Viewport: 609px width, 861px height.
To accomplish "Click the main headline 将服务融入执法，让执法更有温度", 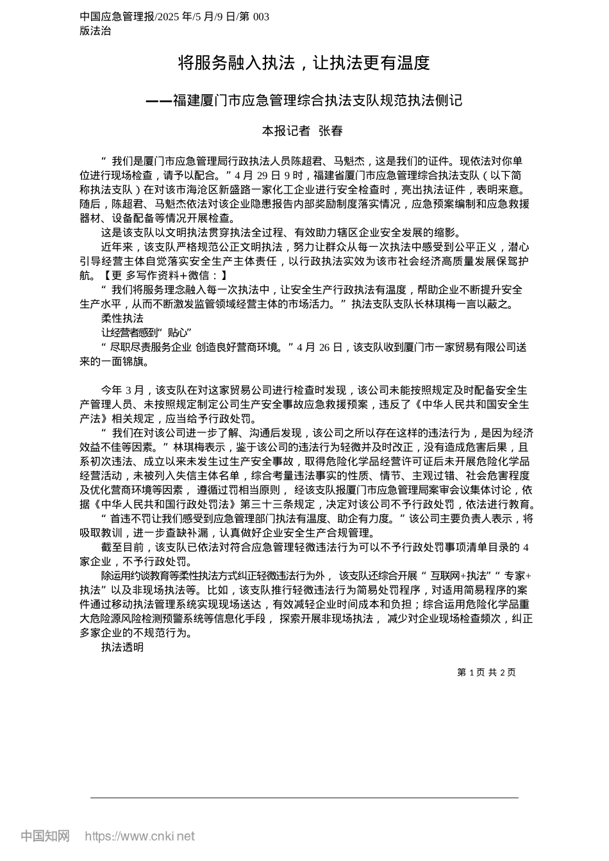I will [x=303, y=63].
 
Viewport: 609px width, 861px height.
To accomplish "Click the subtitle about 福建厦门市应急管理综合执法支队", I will [x=303, y=101].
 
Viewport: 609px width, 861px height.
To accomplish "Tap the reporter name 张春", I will [x=331, y=131].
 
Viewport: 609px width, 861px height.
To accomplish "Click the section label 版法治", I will [x=95, y=31].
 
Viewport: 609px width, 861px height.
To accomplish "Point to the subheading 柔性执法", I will [x=122, y=318].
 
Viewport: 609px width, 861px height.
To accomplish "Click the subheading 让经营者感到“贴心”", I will [x=147, y=332].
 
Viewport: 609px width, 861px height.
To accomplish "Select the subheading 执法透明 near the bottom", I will [x=122, y=647].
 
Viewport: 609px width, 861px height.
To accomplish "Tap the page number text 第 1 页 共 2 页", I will [x=486, y=672].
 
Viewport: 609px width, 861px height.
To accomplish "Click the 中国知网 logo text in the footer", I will [x=45, y=836].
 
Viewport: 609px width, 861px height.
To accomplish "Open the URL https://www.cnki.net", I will [x=139, y=836].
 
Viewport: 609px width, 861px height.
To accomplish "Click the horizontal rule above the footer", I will [x=304, y=798].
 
